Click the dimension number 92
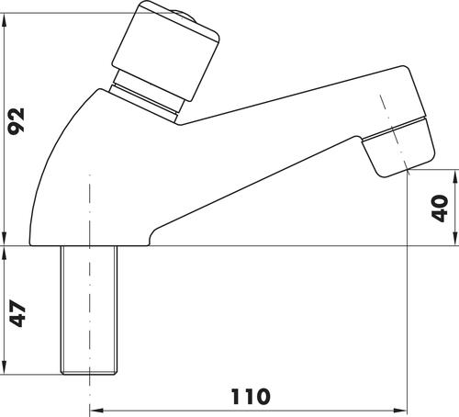coord(16,121)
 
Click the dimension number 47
coord(17,314)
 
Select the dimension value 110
coord(251,397)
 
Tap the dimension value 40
coord(440,208)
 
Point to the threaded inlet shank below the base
coord(89,310)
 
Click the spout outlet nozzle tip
coord(398,146)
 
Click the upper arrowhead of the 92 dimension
coord(4,21)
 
